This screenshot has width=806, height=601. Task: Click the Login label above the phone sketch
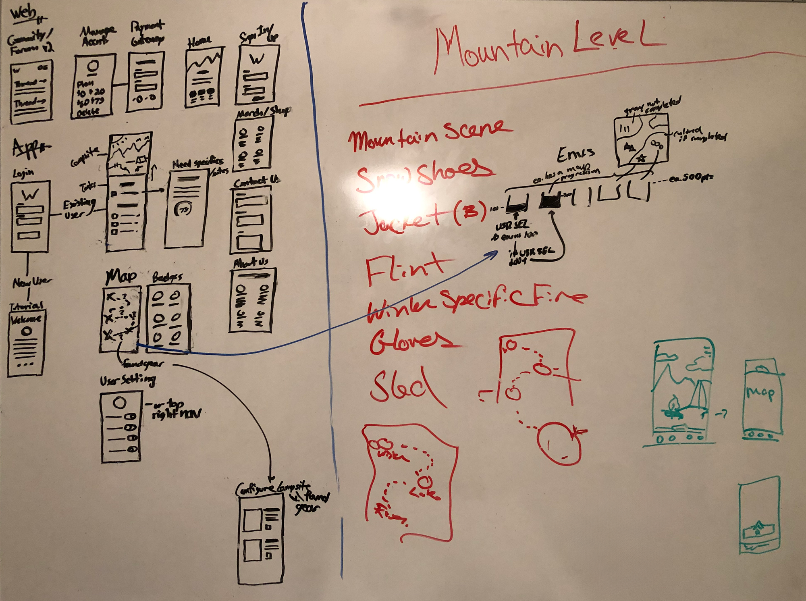23,173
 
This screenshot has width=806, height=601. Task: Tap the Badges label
167,277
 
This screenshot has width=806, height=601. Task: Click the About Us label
251,263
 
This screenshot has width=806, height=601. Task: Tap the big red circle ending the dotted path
559,443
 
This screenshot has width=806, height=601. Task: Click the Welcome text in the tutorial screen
26,319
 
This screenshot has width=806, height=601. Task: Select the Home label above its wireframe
199,41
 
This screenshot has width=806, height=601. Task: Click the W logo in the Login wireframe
30,195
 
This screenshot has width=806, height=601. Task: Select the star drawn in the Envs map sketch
640,158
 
